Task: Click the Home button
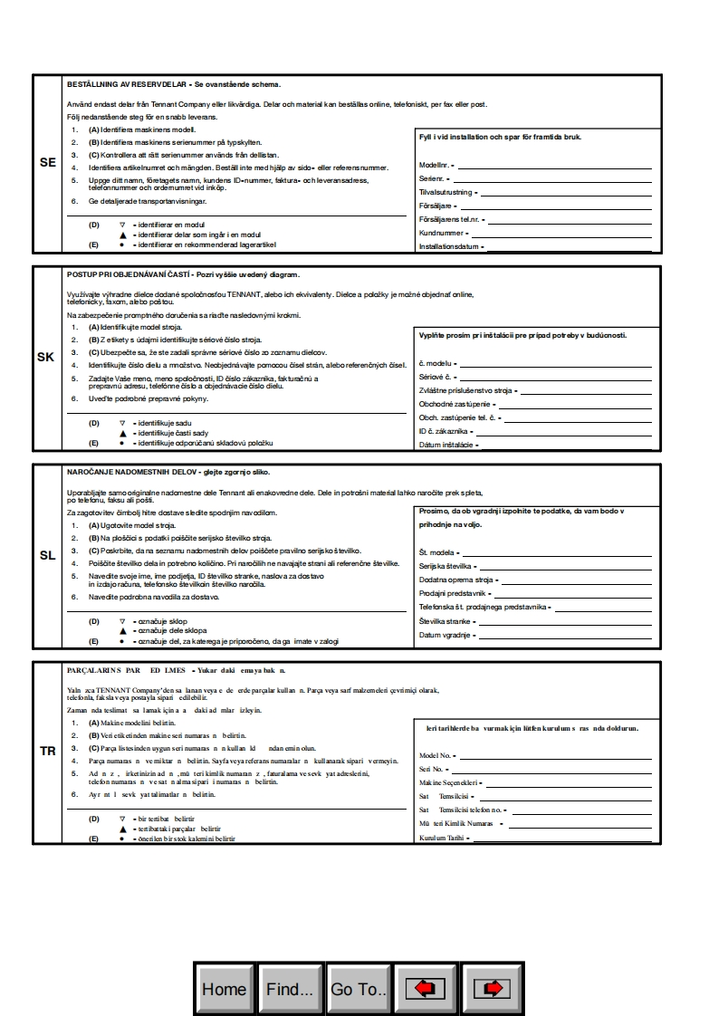pyautogui.click(x=224, y=989)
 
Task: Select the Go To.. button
pyautogui.click(x=359, y=989)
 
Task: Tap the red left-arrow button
pyautogui.click(x=426, y=989)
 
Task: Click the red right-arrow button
pyautogui.click(x=493, y=989)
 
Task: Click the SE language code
pyautogui.click(x=48, y=163)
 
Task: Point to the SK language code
pyautogui.click(x=45, y=357)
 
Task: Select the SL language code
pyautogui.click(x=48, y=555)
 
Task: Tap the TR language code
pyautogui.click(x=48, y=752)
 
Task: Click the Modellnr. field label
pyautogui.click(x=435, y=166)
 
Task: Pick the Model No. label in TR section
pyautogui.click(x=435, y=755)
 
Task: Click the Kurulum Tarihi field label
pyautogui.click(x=441, y=838)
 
